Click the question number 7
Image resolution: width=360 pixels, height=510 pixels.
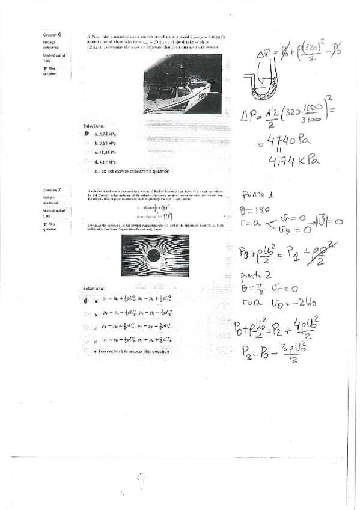[x=59, y=189]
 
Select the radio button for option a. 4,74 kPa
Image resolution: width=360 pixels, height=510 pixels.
[x=87, y=134]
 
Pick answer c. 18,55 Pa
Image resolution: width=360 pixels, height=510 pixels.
[x=88, y=153]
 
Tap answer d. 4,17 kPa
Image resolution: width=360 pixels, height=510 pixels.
[x=88, y=162]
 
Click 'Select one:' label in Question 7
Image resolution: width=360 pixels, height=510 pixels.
[x=94, y=289]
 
